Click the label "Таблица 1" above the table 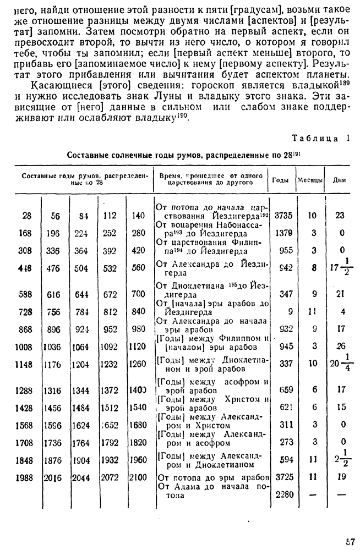[x=320, y=138]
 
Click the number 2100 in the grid [x=138, y=478]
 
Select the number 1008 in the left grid [x=25, y=347]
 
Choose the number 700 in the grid [x=138, y=294]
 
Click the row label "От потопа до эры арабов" [x=213, y=478]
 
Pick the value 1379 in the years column [x=283, y=233]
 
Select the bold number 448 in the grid [x=25, y=268]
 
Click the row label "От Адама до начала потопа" [x=213, y=491]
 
